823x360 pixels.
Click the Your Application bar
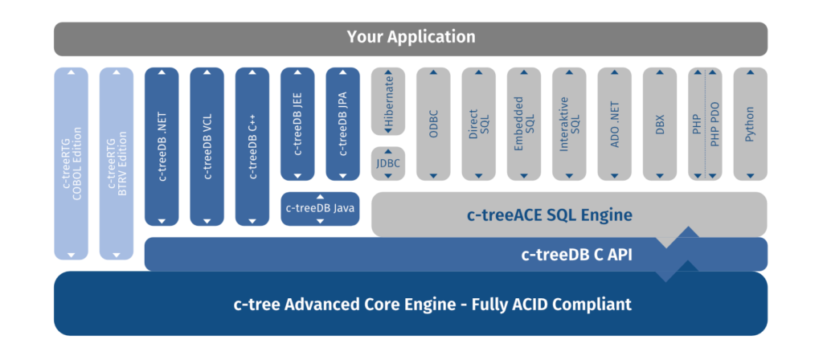tap(411, 38)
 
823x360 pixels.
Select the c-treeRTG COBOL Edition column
tap(72, 163)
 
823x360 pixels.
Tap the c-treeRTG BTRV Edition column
tap(117, 163)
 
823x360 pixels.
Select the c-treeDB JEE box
tap(297, 124)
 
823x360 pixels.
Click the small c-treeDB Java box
tap(321, 209)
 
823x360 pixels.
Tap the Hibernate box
tap(388, 101)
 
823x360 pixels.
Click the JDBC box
tap(388, 164)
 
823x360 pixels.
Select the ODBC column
tap(433, 124)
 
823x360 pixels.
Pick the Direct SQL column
tap(479, 124)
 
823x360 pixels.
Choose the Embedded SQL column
tap(524, 124)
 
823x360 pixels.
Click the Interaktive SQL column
tap(569, 124)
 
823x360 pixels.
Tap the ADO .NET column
tap(615, 124)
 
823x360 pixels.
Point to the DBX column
tap(660, 124)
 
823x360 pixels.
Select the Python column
tap(750, 124)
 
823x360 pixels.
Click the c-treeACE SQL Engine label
tap(550, 215)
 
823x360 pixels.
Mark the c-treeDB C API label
tap(577, 255)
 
